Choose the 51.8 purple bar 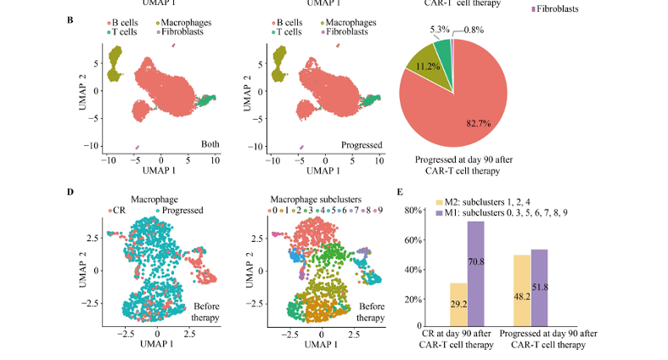pos(541,288)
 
